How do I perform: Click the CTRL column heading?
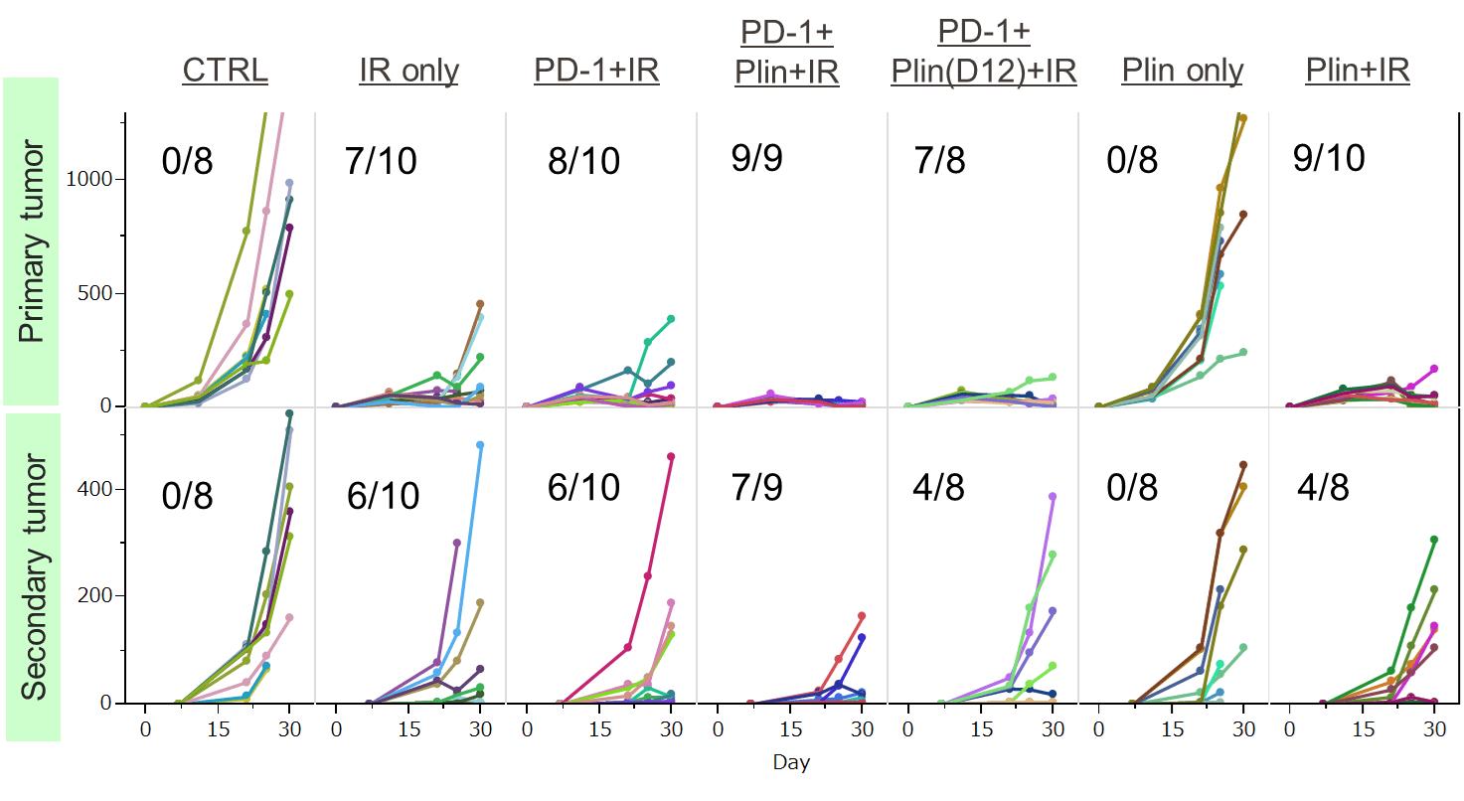(226, 71)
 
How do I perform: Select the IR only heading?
(409, 71)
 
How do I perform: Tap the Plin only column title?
(1182, 71)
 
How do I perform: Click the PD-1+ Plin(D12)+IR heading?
(983, 52)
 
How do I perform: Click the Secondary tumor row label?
(32, 576)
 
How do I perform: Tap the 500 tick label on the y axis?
(97, 294)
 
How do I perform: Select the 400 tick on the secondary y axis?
(97, 489)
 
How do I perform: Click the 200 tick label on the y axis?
(97, 596)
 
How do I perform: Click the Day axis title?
(791, 763)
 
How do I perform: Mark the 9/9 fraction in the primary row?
(757, 157)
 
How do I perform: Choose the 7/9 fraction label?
(757, 487)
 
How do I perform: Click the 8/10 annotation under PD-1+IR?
(583, 160)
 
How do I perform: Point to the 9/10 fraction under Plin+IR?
(1330, 157)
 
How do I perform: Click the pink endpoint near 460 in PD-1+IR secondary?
(671, 457)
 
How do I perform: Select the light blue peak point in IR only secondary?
(480, 445)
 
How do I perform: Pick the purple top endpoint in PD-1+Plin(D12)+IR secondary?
(1053, 496)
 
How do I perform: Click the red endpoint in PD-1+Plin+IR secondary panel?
(862, 616)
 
